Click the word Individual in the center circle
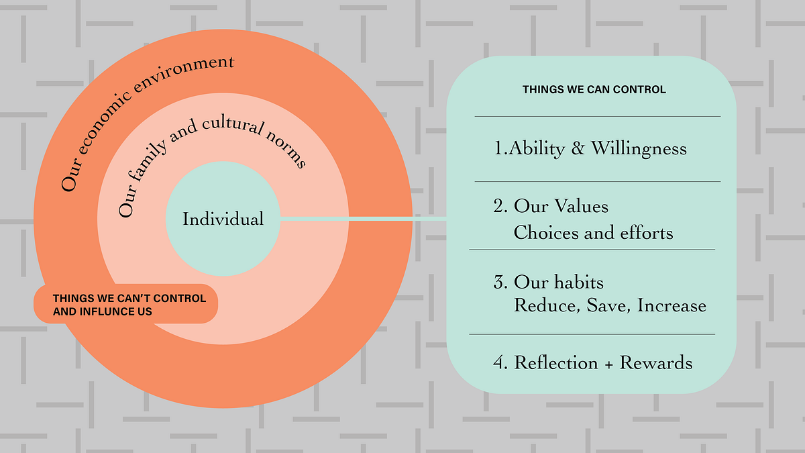point(223,219)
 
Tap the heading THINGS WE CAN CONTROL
point(594,89)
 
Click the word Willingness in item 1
point(639,148)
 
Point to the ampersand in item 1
point(578,148)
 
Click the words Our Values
point(561,206)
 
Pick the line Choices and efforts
point(593,233)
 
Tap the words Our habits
point(559,282)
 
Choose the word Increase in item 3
point(672,306)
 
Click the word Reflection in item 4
point(555,363)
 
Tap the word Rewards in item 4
point(655,363)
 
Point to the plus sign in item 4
point(608,364)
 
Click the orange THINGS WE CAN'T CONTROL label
point(126,305)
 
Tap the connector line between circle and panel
point(362,219)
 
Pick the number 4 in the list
point(498,363)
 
